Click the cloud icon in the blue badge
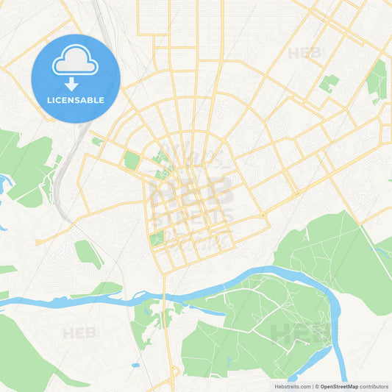pyautogui.click(x=76, y=62)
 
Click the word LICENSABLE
pyautogui.click(x=76, y=100)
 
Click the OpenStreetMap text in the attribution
pyautogui.click(x=338, y=385)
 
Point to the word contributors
pyautogui.click(x=374, y=385)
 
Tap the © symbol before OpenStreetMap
pyautogui.click(x=316, y=385)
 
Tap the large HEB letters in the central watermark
pyautogui.click(x=193, y=190)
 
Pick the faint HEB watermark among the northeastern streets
pyautogui.click(x=304, y=53)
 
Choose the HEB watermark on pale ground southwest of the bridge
pyautogui.click(x=79, y=333)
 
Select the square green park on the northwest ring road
pyautogui.click(x=132, y=160)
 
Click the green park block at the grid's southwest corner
pyautogui.click(x=157, y=238)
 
